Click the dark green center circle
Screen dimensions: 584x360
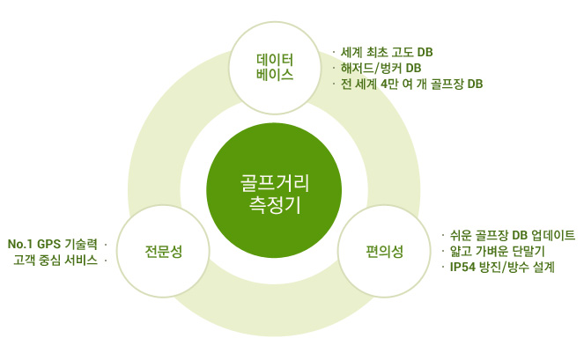274,190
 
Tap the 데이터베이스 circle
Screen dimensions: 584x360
275,68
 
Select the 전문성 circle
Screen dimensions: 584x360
163,251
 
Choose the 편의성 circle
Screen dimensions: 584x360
384,251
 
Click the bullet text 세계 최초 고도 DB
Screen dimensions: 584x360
387,52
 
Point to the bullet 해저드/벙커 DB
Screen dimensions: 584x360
381,68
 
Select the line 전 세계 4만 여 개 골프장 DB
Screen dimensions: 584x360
412,84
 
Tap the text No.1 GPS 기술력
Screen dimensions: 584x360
53,244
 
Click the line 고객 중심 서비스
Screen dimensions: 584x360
55,260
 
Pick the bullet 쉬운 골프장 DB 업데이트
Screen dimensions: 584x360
513,235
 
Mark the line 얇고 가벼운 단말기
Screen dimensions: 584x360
498,251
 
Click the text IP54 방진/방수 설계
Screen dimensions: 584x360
502,268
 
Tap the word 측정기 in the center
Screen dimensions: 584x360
275,205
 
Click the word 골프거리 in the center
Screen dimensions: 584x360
275,184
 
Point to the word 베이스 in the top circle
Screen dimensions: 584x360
275,75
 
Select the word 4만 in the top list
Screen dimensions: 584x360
389,84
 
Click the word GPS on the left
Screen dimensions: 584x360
49,244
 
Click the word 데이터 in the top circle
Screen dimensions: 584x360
275,60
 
